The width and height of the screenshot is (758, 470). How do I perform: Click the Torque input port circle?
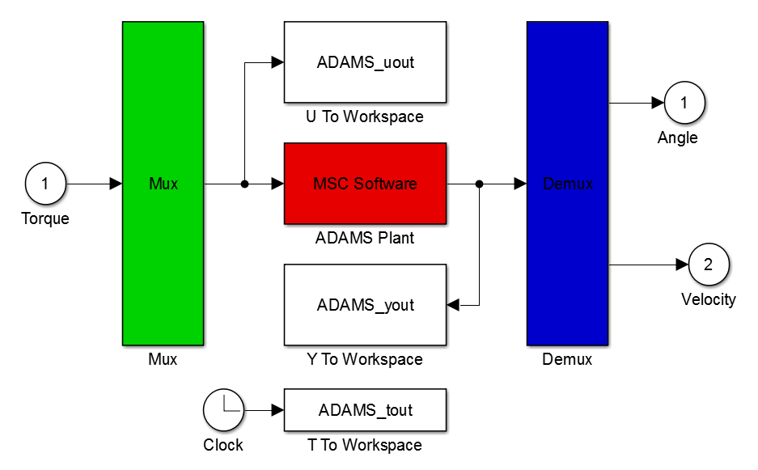(45, 184)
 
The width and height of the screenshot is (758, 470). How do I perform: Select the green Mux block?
(163, 184)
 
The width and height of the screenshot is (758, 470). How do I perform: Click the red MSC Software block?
(365, 184)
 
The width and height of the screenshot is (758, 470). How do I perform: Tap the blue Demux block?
(567, 184)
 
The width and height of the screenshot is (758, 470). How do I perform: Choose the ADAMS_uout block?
(365, 62)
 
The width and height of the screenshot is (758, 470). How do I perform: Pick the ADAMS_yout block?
(365, 305)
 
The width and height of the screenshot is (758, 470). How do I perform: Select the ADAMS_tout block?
(365, 410)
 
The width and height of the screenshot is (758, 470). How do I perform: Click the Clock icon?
(223, 410)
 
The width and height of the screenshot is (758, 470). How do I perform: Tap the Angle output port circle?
(684, 103)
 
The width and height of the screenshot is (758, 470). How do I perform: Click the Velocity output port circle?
(709, 265)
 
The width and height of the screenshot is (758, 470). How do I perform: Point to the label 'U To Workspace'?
(365, 116)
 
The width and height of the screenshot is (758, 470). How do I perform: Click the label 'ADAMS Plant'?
(365, 238)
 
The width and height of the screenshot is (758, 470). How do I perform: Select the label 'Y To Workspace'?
(365, 359)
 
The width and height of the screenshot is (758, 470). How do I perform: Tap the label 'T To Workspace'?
(365, 445)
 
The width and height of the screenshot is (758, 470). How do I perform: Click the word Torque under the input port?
(45, 218)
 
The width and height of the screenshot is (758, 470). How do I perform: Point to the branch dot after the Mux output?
(244, 184)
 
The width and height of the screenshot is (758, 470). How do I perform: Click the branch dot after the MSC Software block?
(479, 184)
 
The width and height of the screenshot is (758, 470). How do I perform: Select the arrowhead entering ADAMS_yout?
(452, 305)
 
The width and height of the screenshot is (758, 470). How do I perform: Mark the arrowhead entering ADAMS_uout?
(277, 62)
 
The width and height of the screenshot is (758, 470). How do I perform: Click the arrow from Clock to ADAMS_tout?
(264, 410)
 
